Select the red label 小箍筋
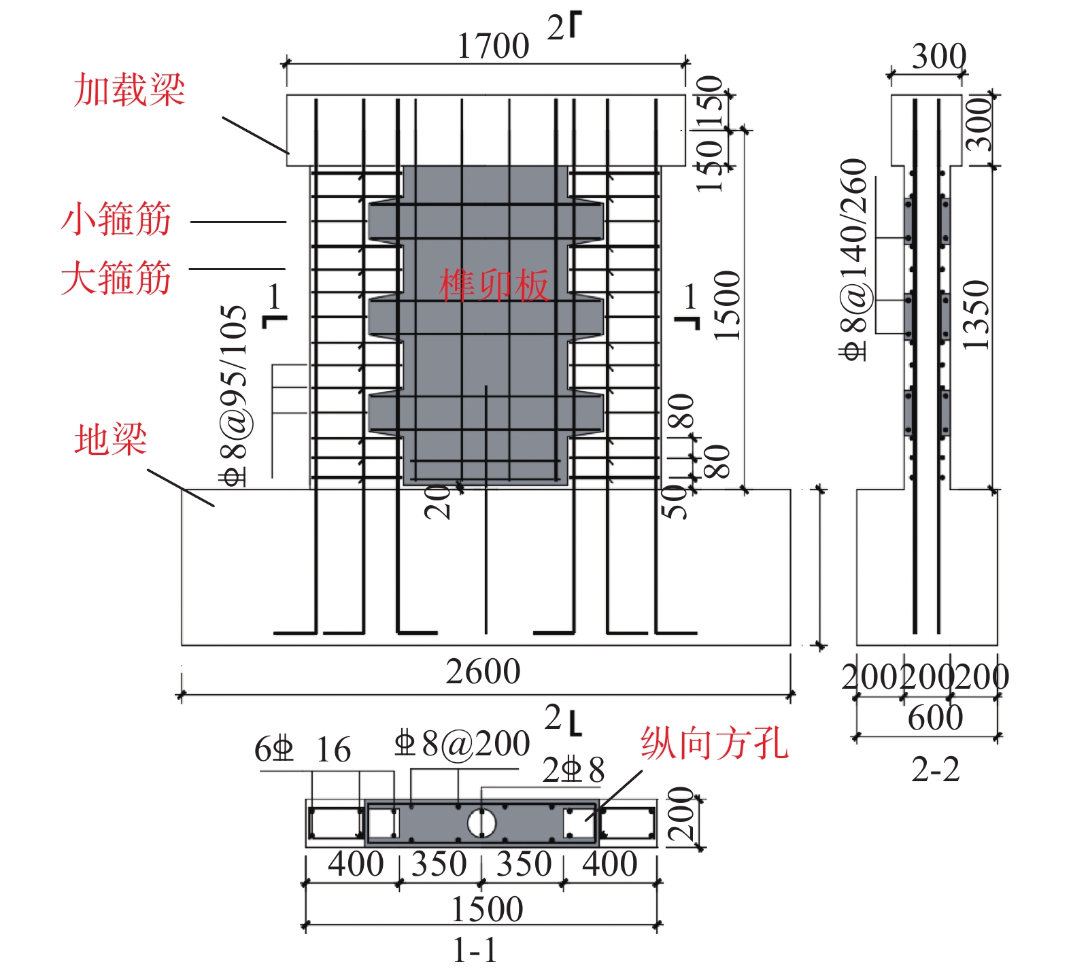pyautogui.click(x=116, y=219)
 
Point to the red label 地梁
pyautogui.click(x=110, y=439)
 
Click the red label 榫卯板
pyautogui.click(x=493, y=285)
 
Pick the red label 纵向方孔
pyautogui.click(x=714, y=742)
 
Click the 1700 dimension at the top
pyautogui.click(x=492, y=46)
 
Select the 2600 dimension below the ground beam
pyautogui.click(x=483, y=672)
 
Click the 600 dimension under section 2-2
pyautogui.click(x=935, y=717)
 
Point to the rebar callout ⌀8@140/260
pyautogui.click(x=854, y=258)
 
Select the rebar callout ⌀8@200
pyautogui.click(x=462, y=744)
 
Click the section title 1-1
pyautogui.click(x=475, y=950)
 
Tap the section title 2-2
pyautogui.click(x=935, y=770)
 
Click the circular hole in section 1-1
pyautogui.click(x=481, y=824)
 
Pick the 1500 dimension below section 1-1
pyautogui.click(x=487, y=909)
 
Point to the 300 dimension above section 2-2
pyautogui.click(x=938, y=56)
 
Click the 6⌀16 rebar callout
pyautogui.click(x=303, y=750)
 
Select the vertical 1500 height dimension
pyautogui.click(x=727, y=305)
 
